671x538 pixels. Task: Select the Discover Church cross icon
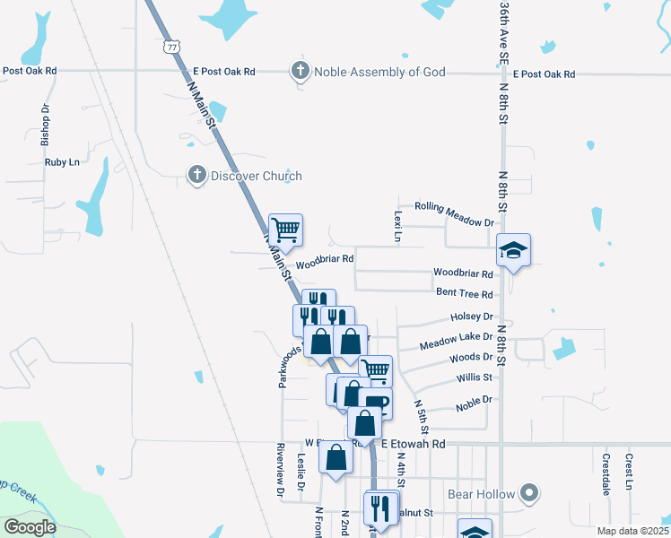point(197,176)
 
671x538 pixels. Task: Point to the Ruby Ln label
point(62,162)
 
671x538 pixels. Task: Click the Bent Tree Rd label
point(465,294)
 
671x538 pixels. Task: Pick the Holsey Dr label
point(472,317)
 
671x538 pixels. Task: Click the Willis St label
point(475,378)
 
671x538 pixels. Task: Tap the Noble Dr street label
point(475,401)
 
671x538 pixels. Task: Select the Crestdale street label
point(606,475)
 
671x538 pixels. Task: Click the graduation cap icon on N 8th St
point(515,250)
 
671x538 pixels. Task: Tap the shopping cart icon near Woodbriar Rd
point(285,230)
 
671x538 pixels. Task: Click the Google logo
point(30,527)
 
